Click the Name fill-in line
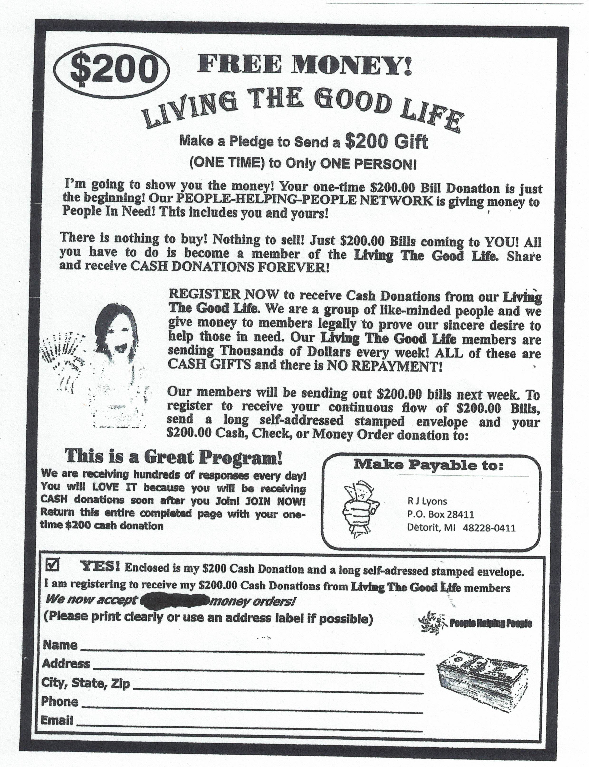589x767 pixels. tap(252, 653)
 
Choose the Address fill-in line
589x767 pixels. tap(258, 672)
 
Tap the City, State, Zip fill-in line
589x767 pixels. tap(279, 691)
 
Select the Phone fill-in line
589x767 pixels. tap(251, 711)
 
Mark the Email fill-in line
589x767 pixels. tap(249, 730)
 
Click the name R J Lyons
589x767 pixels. tap(427, 501)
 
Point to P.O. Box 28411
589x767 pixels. tap(440, 514)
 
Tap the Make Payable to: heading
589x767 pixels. tap(428, 465)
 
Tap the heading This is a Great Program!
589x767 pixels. tap(173, 457)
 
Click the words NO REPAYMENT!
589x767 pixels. tap(384, 366)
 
